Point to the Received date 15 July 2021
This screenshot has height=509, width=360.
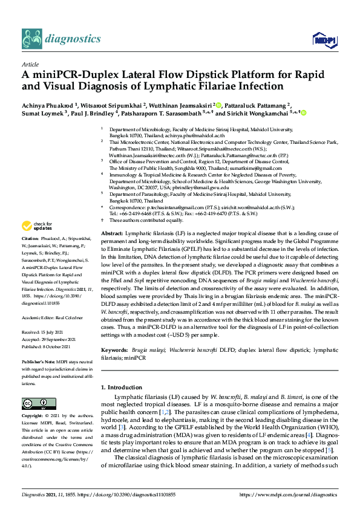[x=56, y=331]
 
